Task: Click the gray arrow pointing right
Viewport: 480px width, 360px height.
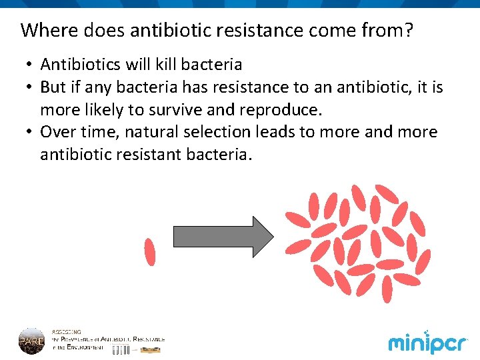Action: [x=223, y=236]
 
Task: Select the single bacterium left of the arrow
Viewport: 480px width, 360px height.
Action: [x=150, y=251]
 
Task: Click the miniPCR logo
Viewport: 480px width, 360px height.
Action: [x=428, y=343]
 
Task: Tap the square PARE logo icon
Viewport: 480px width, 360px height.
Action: [x=31, y=341]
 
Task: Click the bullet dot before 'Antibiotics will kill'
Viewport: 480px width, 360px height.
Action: [x=30, y=65]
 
